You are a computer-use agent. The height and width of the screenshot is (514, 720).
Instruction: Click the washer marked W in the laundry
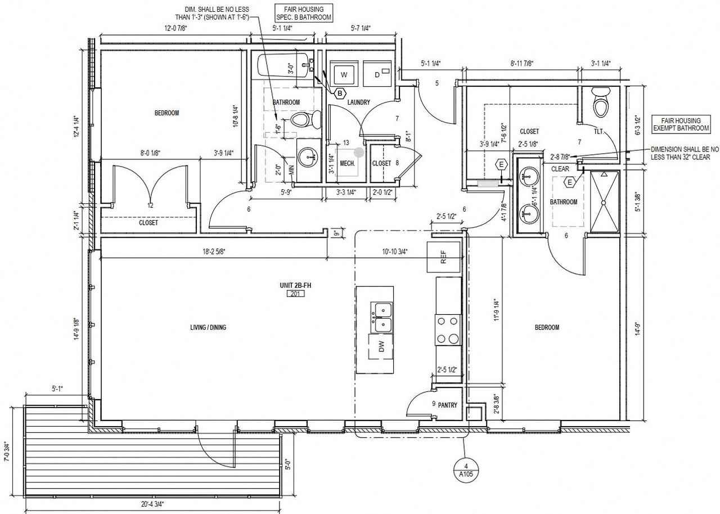click(x=344, y=74)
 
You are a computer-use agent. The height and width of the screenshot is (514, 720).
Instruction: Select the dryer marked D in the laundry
click(x=377, y=74)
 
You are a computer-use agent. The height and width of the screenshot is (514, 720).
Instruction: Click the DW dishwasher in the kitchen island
click(x=381, y=347)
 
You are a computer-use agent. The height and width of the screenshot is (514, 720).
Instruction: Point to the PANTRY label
click(x=447, y=405)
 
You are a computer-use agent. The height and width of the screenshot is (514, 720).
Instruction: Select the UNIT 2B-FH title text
click(x=295, y=286)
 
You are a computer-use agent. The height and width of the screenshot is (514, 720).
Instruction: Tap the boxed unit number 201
click(x=295, y=294)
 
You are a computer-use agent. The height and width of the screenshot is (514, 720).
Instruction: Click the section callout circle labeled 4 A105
click(x=465, y=470)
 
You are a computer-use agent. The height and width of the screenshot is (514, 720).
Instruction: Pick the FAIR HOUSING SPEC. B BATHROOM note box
click(x=303, y=13)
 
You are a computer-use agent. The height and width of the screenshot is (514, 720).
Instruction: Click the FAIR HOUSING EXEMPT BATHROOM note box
click(x=681, y=124)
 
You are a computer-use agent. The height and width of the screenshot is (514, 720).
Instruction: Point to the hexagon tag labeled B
click(x=340, y=93)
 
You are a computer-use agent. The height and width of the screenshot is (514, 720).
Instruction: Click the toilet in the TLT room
click(x=601, y=102)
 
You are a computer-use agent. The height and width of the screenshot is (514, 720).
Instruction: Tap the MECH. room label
click(x=347, y=163)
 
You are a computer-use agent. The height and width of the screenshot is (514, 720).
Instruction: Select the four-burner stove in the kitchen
click(x=448, y=330)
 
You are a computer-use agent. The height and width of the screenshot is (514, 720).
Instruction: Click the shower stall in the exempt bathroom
click(x=605, y=202)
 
